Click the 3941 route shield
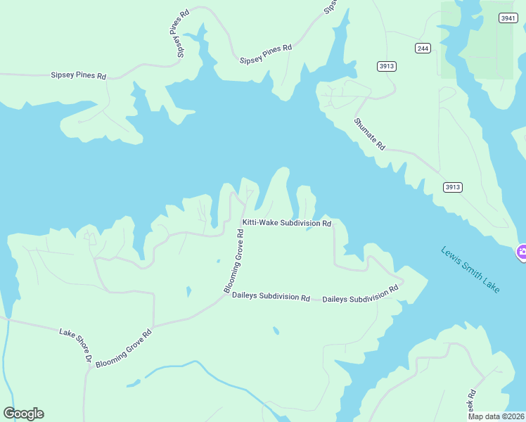[x=508, y=18]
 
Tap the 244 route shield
[x=422, y=48]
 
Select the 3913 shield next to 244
[x=387, y=66]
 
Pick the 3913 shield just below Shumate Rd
[x=452, y=187]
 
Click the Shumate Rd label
[x=370, y=133]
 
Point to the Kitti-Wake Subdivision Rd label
[x=286, y=223]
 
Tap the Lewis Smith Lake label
[x=470, y=269]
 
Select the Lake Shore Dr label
[x=76, y=345]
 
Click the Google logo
[x=23, y=414]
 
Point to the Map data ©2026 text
[x=496, y=416]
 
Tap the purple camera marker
[x=521, y=252]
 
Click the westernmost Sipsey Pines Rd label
[x=78, y=75]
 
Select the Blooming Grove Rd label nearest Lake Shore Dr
[x=124, y=348]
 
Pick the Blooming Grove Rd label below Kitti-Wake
[x=234, y=261]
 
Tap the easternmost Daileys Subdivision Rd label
[x=360, y=294]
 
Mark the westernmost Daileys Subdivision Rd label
[x=271, y=298]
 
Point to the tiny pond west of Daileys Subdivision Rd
[x=188, y=290]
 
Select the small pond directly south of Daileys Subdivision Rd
[x=276, y=331]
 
